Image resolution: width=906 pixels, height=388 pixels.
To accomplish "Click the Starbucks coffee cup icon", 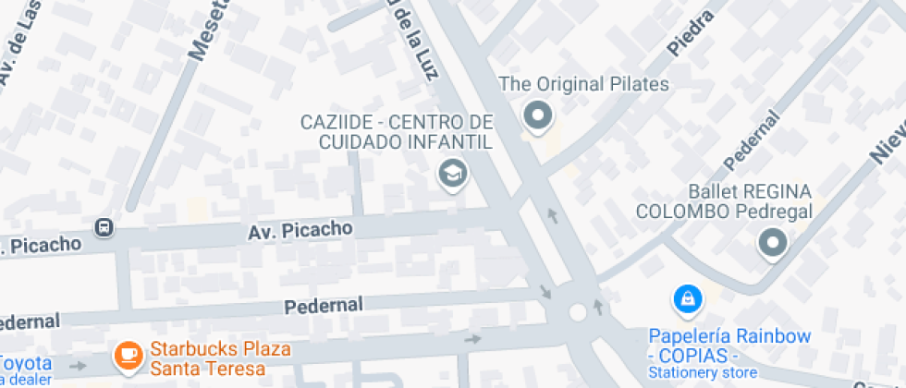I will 127,353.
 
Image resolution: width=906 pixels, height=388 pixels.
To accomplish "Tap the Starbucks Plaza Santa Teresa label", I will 220,359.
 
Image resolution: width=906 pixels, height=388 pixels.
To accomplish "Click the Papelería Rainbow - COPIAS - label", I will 728,346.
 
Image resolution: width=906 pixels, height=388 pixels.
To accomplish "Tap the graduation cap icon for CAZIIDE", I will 451,172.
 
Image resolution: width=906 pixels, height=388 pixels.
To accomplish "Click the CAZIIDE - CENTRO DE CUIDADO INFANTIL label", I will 396,132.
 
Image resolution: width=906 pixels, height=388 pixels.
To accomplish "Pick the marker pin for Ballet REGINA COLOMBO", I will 771,244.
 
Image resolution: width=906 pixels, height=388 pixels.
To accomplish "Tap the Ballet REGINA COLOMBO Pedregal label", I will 723,201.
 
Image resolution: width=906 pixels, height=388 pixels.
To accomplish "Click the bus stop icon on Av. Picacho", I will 105,227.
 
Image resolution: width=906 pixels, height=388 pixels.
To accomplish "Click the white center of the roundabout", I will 579,312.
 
